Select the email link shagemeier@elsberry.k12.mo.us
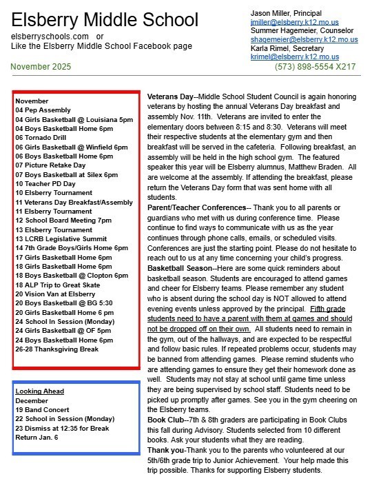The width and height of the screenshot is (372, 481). pyautogui.click(x=304, y=39)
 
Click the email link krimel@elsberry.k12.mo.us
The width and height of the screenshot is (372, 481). pyautogui.click(x=296, y=57)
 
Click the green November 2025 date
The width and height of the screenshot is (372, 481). pyautogui.click(x=41, y=66)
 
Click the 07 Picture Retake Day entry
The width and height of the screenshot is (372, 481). pyautogui.click(x=50, y=165)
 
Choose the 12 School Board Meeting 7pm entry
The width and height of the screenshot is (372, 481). pyautogui.click(x=63, y=221)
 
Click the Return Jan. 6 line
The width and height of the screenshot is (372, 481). pyautogui.click(x=37, y=437)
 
